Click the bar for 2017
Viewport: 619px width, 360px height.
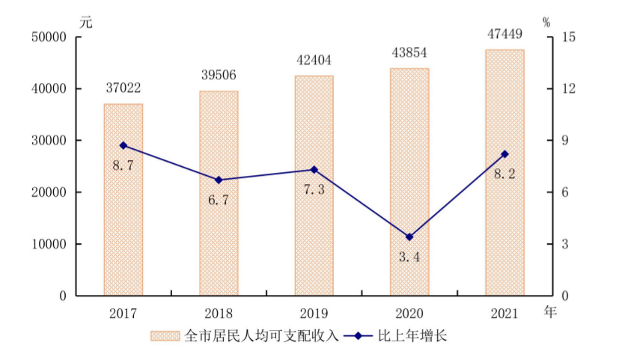(x=124, y=200)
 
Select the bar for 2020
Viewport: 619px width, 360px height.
(x=409, y=182)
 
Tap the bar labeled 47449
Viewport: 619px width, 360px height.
(x=505, y=172)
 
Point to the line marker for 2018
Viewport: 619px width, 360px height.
(x=219, y=180)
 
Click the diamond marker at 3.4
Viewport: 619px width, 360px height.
(x=409, y=237)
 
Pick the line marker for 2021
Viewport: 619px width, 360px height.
(x=505, y=154)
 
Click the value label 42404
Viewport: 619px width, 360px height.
(x=314, y=60)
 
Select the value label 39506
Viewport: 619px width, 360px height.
(x=219, y=75)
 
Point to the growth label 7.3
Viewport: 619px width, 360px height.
(x=314, y=190)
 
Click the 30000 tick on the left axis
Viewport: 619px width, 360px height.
(x=49, y=141)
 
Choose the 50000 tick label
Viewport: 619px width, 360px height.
(x=49, y=37)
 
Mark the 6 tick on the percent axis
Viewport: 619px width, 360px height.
(x=565, y=192)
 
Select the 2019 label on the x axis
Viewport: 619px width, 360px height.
(x=314, y=314)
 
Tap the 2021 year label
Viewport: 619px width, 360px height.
(x=504, y=314)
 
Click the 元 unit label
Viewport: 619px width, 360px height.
(x=86, y=22)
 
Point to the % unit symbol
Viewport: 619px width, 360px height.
(x=546, y=22)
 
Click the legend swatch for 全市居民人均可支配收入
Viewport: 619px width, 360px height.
(x=165, y=336)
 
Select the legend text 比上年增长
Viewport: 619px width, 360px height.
(x=412, y=336)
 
